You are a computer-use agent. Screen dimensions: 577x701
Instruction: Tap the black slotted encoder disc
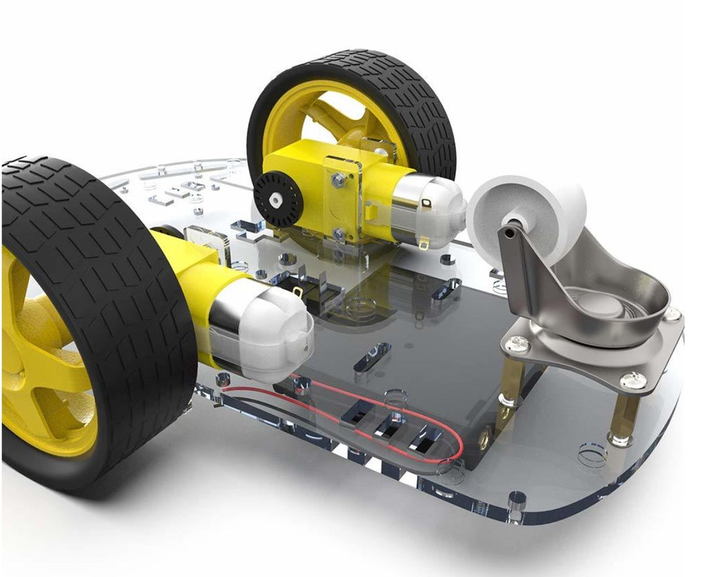click(277, 199)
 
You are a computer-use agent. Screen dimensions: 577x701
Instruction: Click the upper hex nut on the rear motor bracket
click(338, 181)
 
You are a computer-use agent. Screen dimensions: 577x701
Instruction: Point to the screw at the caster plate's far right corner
click(672, 314)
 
